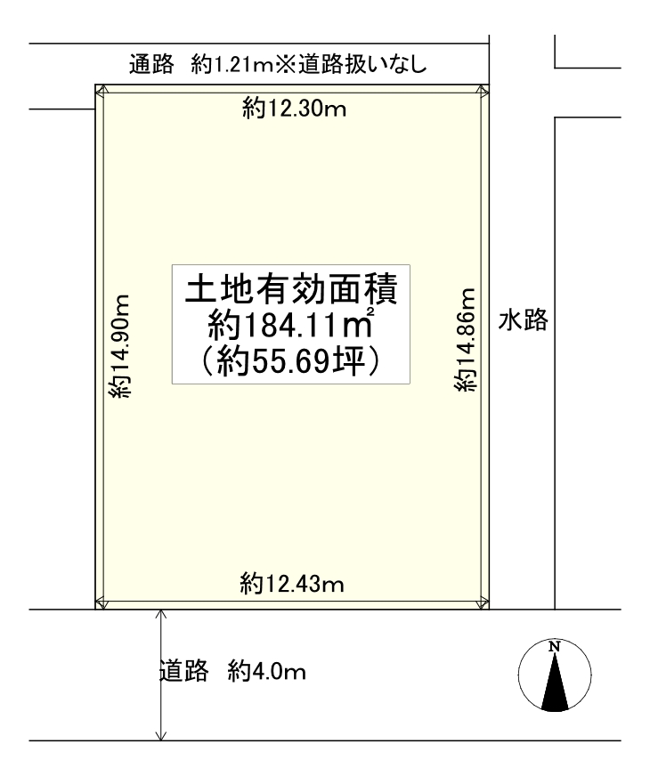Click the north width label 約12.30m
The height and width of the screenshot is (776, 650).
point(294,109)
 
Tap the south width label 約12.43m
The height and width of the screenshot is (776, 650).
point(292,584)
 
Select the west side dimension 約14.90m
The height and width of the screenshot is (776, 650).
point(119,346)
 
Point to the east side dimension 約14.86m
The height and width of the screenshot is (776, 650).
point(465,340)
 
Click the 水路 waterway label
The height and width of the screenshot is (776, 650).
point(524,319)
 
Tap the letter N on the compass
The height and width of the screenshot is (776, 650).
point(555,646)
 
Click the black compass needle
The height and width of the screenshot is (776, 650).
point(555,683)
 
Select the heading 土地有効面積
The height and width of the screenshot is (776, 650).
point(291,289)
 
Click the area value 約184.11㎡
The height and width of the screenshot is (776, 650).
point(291,325)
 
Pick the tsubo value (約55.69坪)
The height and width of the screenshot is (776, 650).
point(291,362)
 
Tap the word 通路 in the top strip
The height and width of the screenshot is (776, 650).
point(151,64)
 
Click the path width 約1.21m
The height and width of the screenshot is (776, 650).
point(232,64)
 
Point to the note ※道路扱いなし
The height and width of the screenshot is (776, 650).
point(351,64)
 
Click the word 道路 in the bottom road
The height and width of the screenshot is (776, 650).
point(183,672)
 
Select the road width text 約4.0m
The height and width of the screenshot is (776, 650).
point(267,672)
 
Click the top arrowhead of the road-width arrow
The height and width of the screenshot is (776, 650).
point(161,613)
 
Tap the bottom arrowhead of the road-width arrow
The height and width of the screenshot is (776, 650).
point(161,737)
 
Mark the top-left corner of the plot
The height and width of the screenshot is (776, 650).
point(95,85)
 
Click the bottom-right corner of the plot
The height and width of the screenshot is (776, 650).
point(489,610)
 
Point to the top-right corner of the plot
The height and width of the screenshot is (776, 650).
point(489,85)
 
